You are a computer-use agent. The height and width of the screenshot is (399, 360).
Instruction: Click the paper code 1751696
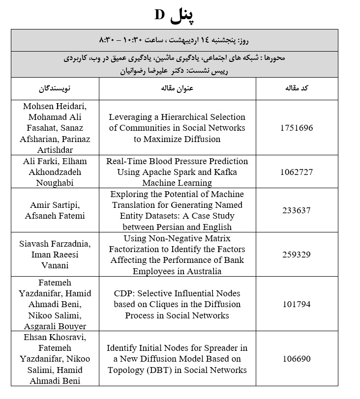pos(297,128)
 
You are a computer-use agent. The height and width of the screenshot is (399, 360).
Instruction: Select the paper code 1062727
pos(297,172)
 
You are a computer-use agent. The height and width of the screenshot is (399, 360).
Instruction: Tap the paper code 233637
pos(297,210)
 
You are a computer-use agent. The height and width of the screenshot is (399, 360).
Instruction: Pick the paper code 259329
pos(297,255)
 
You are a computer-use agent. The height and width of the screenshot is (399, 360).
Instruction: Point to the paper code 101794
pos(297,304)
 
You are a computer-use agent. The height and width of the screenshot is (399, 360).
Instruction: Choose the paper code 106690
pos(297,359)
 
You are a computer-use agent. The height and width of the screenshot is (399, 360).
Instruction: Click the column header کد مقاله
pos(297,89)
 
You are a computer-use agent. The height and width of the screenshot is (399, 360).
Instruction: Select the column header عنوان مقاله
pos(177,89)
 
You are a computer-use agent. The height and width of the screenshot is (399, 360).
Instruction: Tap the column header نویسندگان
pos(55,89)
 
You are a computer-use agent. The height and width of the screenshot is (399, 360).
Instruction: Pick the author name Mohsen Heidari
pos(55,106)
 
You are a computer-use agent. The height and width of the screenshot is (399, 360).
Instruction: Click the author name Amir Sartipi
pos(55,205)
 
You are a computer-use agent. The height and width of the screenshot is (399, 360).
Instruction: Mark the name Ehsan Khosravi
pos(55,338)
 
